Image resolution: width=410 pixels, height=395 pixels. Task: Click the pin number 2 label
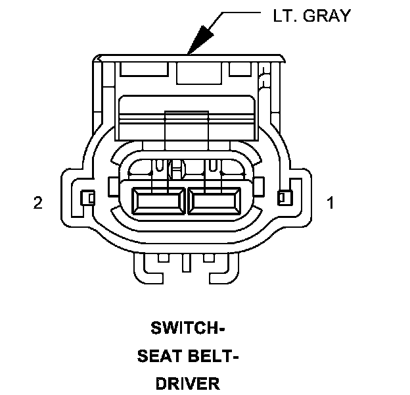click(38, 203)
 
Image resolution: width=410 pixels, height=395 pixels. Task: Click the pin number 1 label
click(330, 203)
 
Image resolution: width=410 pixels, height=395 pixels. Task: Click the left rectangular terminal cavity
click(158, 201)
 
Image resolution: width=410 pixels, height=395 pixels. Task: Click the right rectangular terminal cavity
click(215, 201)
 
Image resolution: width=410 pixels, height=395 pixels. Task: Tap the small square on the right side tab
click(283, 197)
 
